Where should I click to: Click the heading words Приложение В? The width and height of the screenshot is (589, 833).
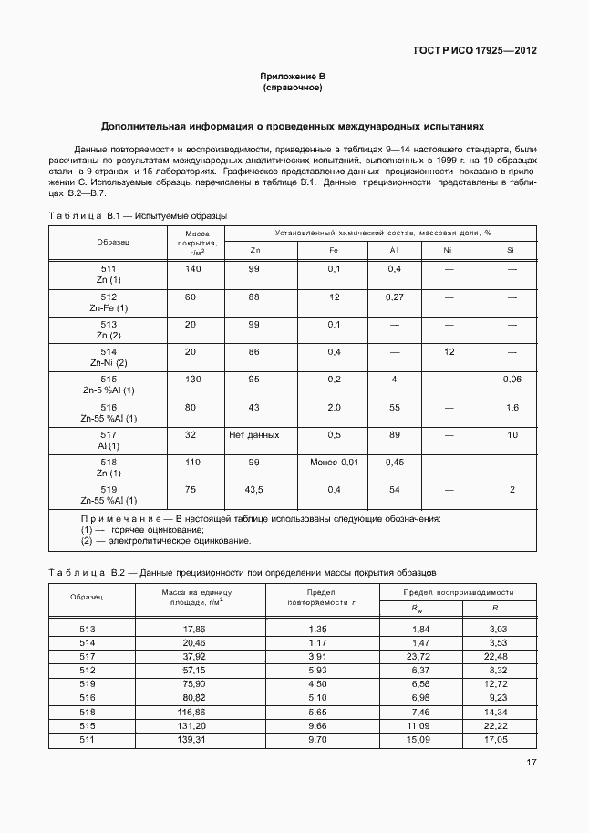[293, 77]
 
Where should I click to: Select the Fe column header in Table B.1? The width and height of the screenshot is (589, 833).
[334, 250]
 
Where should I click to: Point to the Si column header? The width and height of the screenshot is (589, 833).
[511, 250]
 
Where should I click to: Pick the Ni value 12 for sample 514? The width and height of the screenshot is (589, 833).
[448, 351]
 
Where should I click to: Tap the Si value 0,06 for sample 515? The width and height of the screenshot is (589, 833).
[511, 379]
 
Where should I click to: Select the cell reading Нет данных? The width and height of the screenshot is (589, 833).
[254, 435]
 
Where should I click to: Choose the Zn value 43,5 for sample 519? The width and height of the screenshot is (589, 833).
[254, 490]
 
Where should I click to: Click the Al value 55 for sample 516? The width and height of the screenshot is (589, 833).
[395, 407]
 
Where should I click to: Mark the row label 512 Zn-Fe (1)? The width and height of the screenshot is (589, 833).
[108, 302]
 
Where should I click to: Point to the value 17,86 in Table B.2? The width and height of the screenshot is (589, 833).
[194, 630]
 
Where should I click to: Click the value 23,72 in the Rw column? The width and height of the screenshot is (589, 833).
[419, 656]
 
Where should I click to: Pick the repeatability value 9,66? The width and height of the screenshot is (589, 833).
[317, 724]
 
